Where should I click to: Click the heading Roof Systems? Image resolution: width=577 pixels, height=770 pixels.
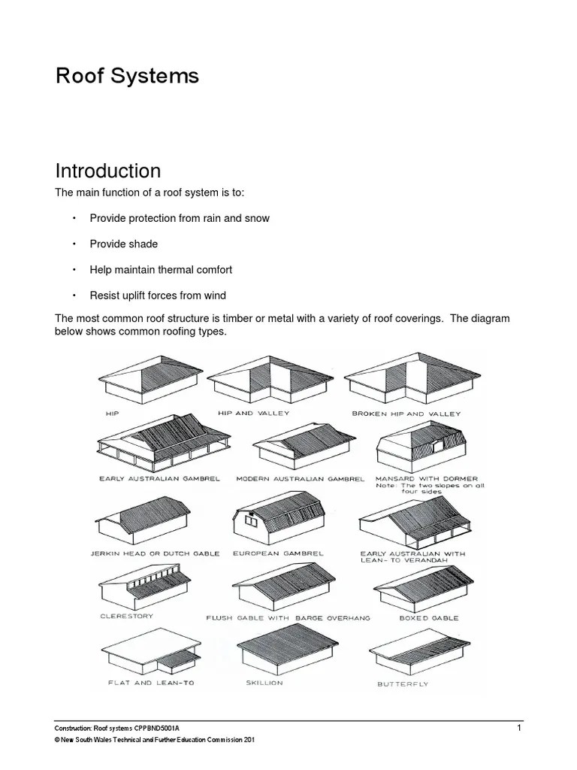[127, 76]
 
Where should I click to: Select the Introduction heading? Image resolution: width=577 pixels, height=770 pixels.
[107, 171]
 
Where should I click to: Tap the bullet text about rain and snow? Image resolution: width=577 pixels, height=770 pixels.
[179, 218]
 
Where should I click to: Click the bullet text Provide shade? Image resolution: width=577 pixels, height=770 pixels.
[123, 244]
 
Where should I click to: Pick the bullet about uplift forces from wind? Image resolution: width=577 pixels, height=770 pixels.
[158, 295]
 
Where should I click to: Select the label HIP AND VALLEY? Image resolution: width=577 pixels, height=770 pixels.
[253, 414]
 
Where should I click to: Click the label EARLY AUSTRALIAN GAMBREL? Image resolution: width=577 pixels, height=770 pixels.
[159, 478]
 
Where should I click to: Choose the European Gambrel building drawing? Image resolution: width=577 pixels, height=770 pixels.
[277, 522]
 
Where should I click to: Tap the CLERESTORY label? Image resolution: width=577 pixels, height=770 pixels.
[126, 616]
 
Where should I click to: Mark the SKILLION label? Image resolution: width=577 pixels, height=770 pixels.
[264, 683]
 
